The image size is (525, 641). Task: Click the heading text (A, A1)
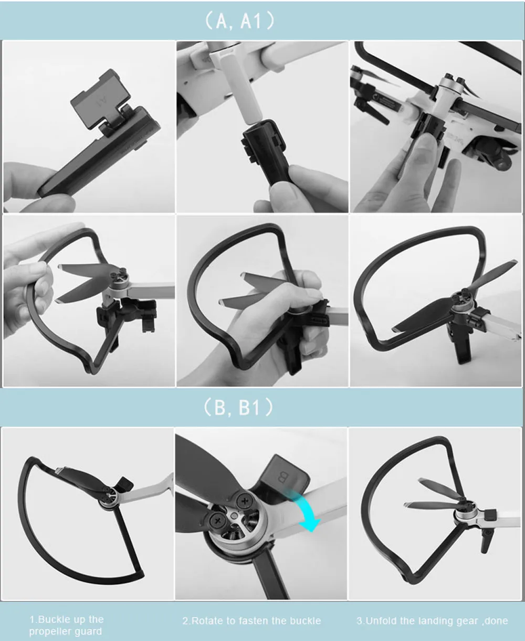point(239,22)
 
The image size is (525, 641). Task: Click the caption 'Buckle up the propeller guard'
point(66,625)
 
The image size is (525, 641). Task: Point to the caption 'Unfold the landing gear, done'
point(432,621)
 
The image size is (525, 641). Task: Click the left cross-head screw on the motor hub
point(217,521)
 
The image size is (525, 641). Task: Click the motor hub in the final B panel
point(463,511)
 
